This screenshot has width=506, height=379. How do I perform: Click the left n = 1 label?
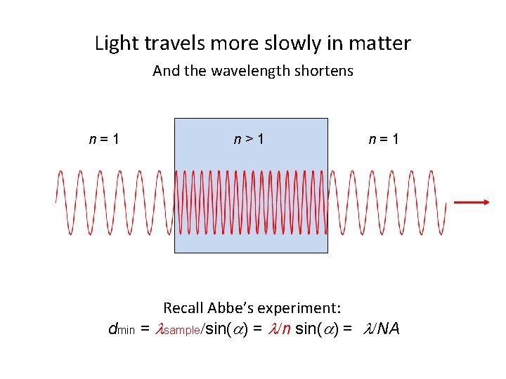[103, 139]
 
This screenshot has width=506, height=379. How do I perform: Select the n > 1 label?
[249, 139]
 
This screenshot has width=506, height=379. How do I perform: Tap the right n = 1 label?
[384, 139]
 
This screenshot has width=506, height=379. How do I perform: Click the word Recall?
[183, 307]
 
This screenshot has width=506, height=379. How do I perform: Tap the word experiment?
[304, 307]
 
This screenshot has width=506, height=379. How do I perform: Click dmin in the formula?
[120, 328]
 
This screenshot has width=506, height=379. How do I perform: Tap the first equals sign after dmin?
[145, 328]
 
